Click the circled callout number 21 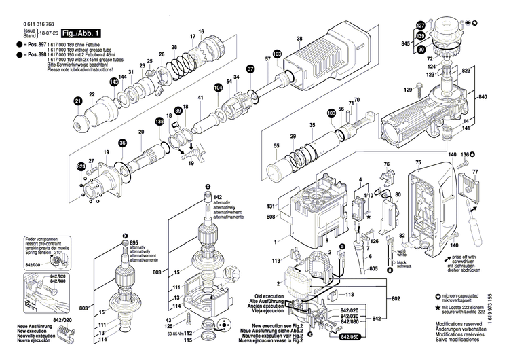coord(77,101)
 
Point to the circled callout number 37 coord(250,69)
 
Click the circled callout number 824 coord(81,166)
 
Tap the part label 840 coord(483,98)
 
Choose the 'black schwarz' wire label coord(404,265)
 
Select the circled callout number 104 coord(217,88)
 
